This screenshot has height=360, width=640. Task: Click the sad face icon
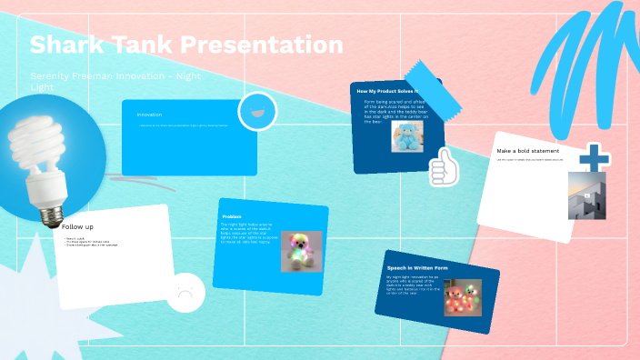click(x=185, y=293)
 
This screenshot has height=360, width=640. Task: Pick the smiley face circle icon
click(x=257, y=112)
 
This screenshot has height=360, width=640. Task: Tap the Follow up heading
click(x=77, y=226)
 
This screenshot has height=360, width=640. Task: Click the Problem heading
click(x=232, y=216)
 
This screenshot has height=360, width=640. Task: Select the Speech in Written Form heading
click(x=416, y=268)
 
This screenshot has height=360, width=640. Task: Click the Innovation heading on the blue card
click(x=149, y=115)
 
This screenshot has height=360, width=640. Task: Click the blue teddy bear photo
click(x=408, y=136)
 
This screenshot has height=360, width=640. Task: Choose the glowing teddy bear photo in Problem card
click(x=301, y=252)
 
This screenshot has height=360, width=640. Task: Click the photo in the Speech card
click(x=463, y=297)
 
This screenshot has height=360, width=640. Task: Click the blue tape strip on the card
click(x=421, y=74)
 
